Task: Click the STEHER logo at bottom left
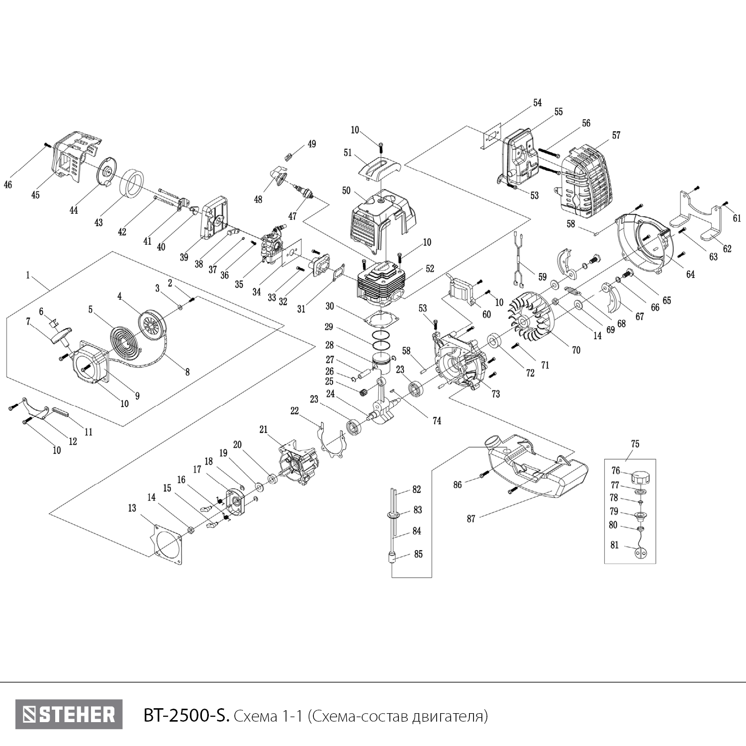69,715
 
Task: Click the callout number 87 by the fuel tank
471,519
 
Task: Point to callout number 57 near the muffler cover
616,135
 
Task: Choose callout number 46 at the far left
8,185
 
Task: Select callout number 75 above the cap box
635,444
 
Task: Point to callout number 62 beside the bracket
727,249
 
